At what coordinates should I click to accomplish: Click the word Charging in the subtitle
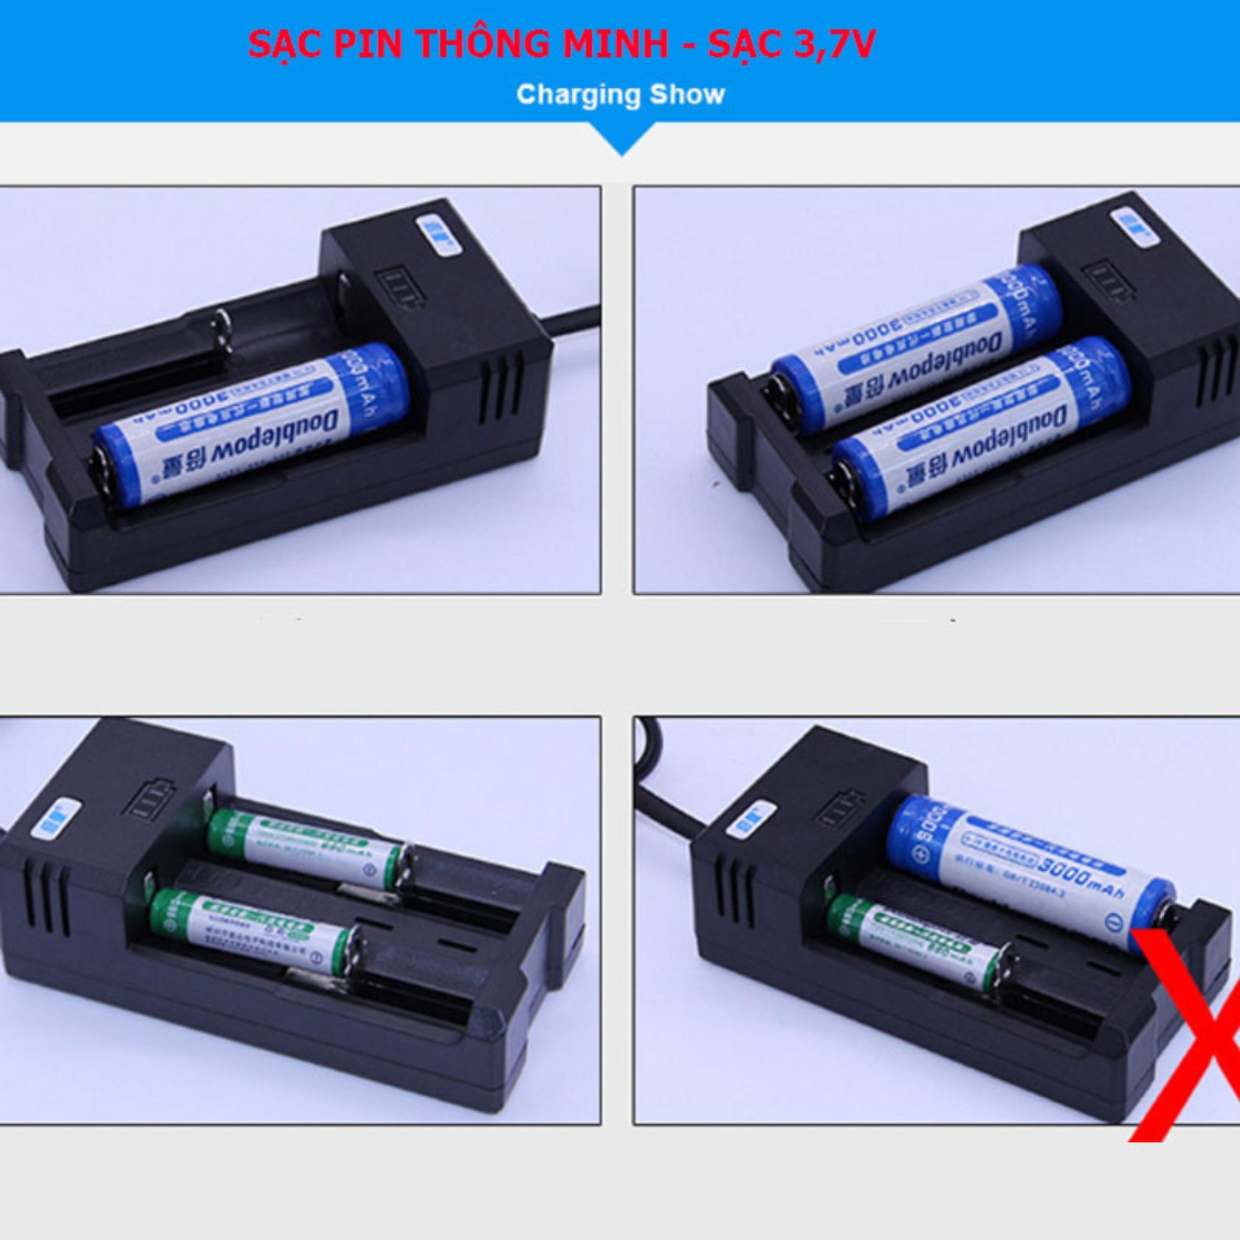(575, 95)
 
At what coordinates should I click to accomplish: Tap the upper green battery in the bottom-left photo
(310, 846)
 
